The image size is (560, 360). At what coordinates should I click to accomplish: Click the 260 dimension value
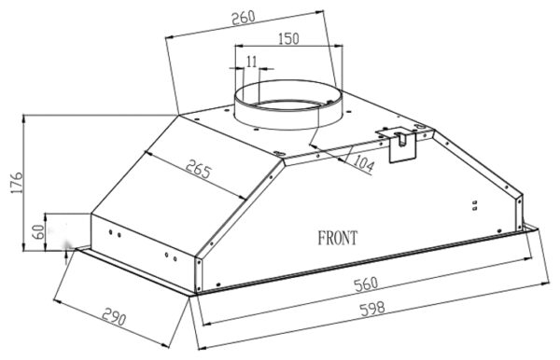pyautogui.click(x=244, y=18)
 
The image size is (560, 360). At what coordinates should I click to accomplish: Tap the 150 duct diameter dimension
pyautogui.click(x=288, y=38)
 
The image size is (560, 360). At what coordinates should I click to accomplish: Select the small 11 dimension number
pyautogui.click(x=252, y=62)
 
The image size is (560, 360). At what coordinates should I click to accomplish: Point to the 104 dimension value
pyautogui.click(x=364, y=164)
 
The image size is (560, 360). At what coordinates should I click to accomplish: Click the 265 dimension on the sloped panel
pyautogui.click(x=199, y=170)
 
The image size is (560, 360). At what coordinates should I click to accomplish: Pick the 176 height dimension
pyautogui.click(x=17, y=183)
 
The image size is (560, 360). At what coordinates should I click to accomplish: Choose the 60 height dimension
pyautogui.click(x=40, y=232)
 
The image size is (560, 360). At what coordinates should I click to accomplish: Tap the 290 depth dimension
pyautogui.click(x=114, y=317)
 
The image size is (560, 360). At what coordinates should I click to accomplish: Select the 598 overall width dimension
pyautogui.click(x=372, y=309)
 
